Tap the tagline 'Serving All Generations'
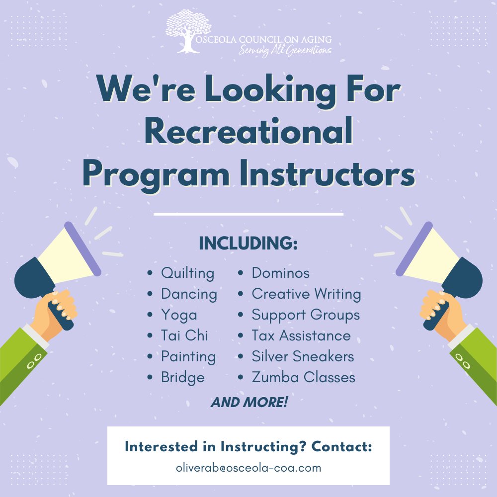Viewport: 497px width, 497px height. point(285,50)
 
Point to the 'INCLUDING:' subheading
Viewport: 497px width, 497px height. point(248,244)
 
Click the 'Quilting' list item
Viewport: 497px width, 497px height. point(187,273)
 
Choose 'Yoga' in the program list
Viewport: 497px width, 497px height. point(179,315)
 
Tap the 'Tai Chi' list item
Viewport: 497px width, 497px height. point(184,336)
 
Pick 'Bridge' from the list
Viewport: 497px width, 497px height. point(182,378)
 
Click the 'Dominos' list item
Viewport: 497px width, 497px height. point(280,273)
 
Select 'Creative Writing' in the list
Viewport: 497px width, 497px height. point(306,294)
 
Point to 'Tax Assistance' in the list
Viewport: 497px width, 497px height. point(301,336)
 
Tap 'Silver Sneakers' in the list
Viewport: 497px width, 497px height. point(303,357)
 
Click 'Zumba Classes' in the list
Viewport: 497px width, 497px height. point(303,378)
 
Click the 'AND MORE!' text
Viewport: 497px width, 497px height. point(249,402)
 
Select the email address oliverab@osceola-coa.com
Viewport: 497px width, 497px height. point(248,468)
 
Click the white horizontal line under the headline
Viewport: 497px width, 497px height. point(248,215)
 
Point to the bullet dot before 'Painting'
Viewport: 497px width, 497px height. point(150,357)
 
